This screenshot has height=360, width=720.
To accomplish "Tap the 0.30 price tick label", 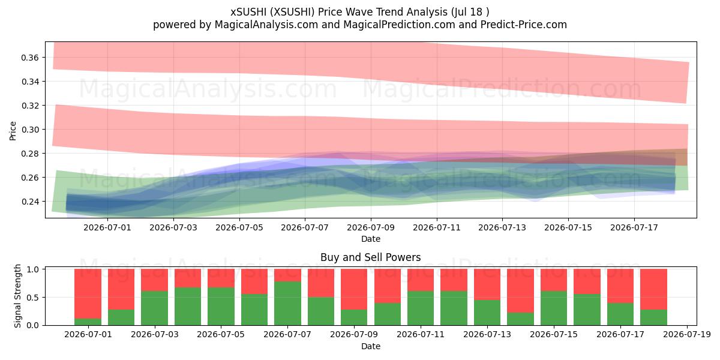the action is point(30,130).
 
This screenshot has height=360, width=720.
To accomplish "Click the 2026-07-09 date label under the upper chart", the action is point(371,227).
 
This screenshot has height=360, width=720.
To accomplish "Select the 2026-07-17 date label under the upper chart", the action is point(634,227).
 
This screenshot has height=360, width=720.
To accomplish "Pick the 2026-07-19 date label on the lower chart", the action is point(687,335).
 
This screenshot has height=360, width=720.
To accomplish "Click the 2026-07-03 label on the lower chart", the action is point(155,335).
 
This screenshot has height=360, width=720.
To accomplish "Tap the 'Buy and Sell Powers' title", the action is point(371,257).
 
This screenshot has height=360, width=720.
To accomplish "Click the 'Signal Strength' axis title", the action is point(17,296).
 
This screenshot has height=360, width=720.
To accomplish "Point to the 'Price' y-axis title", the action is point(13,131).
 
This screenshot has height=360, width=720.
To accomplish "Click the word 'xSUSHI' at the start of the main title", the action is point(248,12).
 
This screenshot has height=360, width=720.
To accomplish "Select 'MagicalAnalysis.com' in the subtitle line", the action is point(266,25).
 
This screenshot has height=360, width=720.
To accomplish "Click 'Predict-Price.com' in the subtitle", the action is point(524,25).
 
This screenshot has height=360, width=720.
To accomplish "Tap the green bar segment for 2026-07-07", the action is point(287,304).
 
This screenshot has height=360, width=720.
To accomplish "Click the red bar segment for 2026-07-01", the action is point(88,294).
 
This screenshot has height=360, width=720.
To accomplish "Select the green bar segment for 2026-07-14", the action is point(520,319).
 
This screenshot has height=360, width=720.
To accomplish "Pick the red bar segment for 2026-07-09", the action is point(354,289).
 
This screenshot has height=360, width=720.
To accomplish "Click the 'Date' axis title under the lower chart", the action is point(371,346).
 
